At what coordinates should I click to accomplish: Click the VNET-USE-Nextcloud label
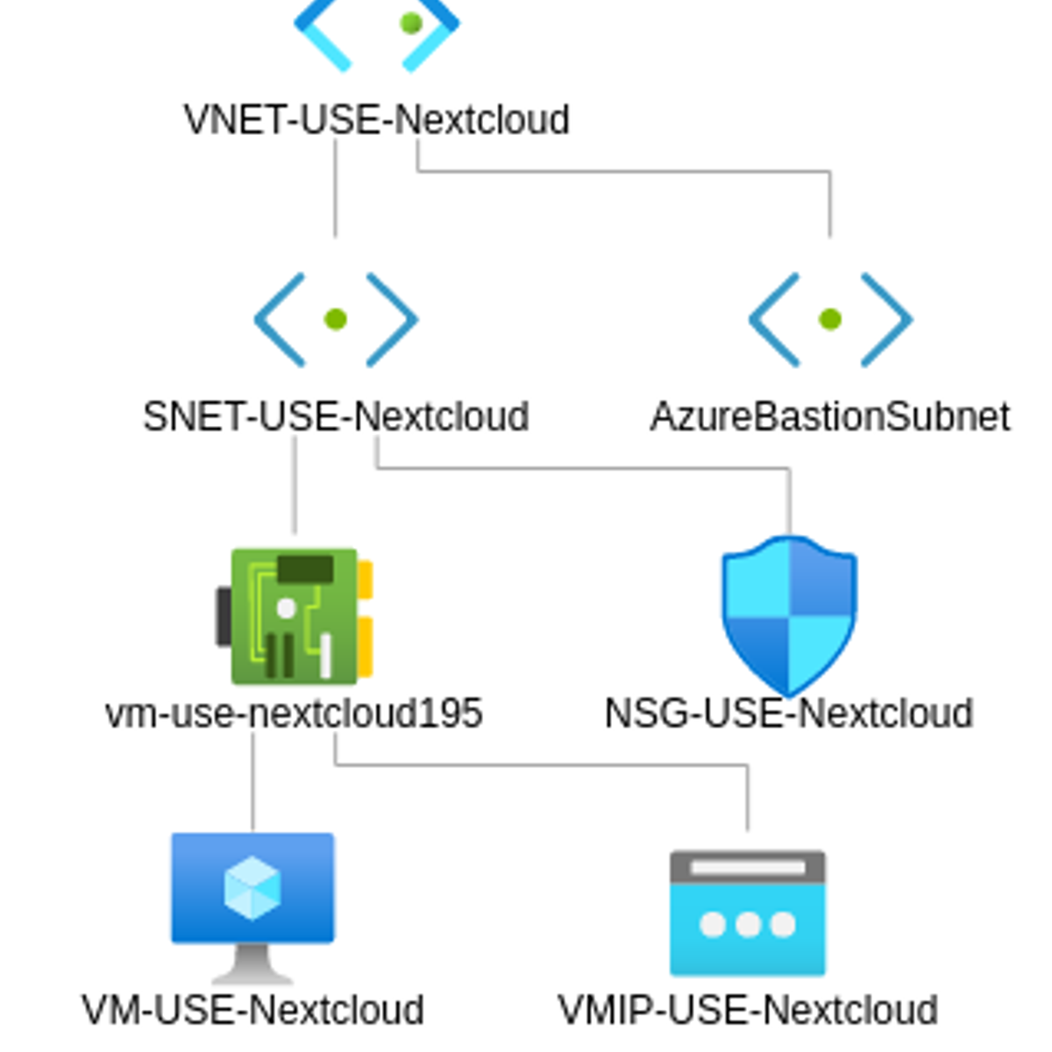(x=376, y=120)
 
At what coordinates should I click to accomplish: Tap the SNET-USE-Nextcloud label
(x=336, y=416)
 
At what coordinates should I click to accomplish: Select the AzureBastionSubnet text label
(x=830, y=416)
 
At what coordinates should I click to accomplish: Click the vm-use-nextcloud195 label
(x=294, y=714)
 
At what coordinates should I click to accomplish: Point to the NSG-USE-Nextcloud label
(x=789, y=714)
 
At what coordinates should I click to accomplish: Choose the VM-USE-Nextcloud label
(x=252, y=1010)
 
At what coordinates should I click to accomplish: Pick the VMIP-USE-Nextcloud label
(x=748, y=1010)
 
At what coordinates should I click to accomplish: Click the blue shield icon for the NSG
(x=789, y=615)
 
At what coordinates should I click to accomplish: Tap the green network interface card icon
(x=295, y=615)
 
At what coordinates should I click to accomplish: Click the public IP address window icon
(x=748, y=913)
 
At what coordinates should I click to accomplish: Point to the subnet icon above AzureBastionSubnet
(x=830, y=319)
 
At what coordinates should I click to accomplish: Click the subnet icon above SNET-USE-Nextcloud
(x=336, y=319)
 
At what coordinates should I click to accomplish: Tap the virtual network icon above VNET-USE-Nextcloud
(x=377, y=31)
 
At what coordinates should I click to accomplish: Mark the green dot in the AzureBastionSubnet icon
(x=830, y=319)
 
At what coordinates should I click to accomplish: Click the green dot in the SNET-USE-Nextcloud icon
(x=336, y=319)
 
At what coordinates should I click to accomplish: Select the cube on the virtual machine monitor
(x=252, y=887)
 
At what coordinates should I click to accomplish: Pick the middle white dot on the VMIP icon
(x=748, y=924)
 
